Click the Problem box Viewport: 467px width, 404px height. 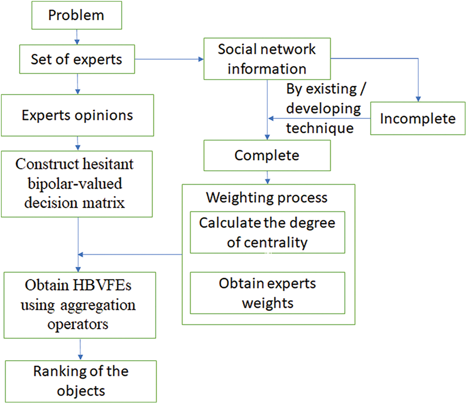point(76,15)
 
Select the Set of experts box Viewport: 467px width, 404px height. point(76,59)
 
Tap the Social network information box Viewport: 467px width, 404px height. point(267,59)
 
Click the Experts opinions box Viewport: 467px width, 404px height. point(77,115)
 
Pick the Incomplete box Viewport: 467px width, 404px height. point(417,118)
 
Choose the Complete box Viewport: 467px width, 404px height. point(267,155)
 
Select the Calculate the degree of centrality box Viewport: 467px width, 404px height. point(267,232)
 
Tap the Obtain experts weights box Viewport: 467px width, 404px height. point(267,293)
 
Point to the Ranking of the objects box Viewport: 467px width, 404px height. point(81,381)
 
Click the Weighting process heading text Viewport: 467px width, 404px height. point(266,197)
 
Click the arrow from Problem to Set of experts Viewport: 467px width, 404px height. point(76,36)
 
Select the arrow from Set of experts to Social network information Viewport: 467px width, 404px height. point(169,60)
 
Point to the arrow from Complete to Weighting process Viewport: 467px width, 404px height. point(267,177)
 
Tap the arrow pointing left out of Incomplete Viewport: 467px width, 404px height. point(319,119)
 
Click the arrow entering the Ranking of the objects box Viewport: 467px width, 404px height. point(80,349)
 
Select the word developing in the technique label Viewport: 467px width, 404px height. point(324,109)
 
